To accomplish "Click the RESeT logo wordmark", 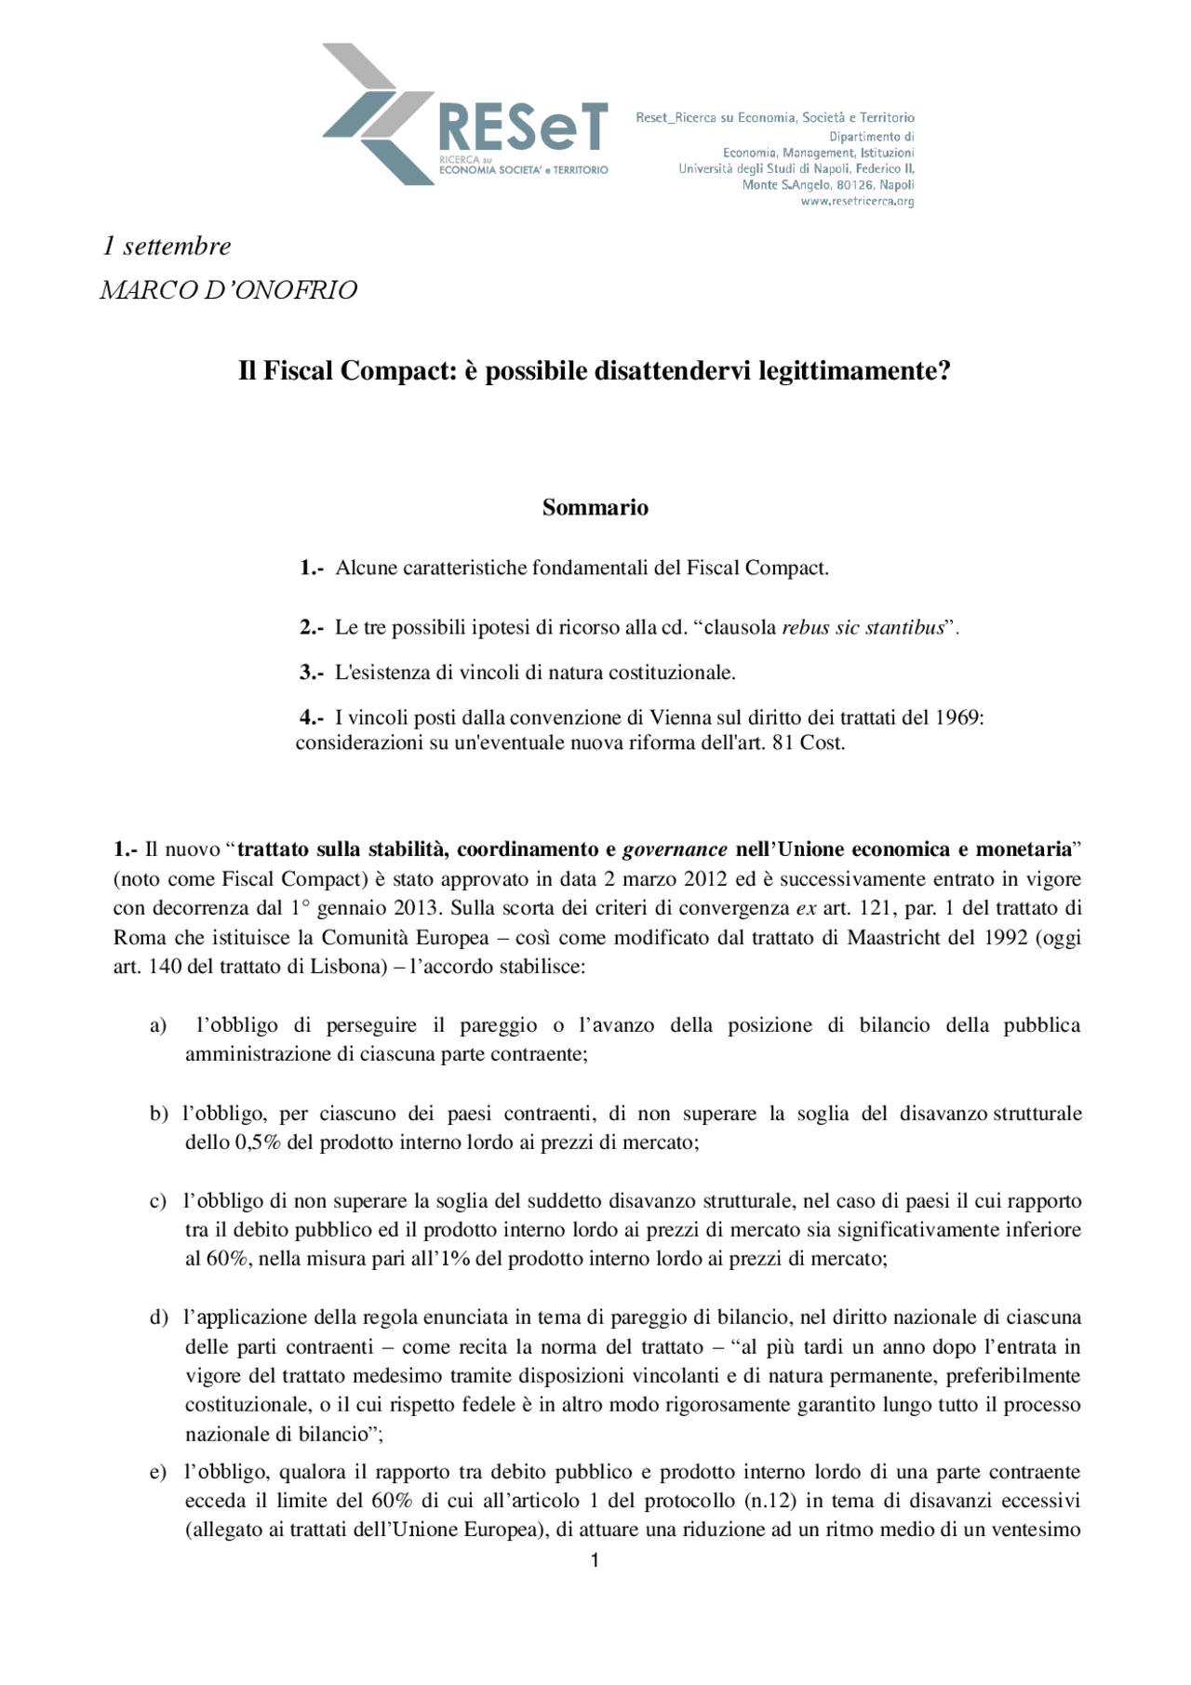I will [523, 128].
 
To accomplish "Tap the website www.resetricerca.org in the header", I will [857, 202].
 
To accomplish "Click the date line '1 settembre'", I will [167, 247].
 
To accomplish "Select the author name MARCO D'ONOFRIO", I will [229, 290].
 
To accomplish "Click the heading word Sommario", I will [595, 508].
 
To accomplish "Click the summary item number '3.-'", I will [312, 673].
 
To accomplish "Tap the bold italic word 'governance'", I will [675, 849].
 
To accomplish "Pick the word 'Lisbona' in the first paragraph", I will [347, 967].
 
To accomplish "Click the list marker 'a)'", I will [158, 1025].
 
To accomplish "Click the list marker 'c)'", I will [158, 1201].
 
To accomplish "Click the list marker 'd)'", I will [158, 1317].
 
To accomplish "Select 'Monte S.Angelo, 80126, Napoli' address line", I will [827, 185].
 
